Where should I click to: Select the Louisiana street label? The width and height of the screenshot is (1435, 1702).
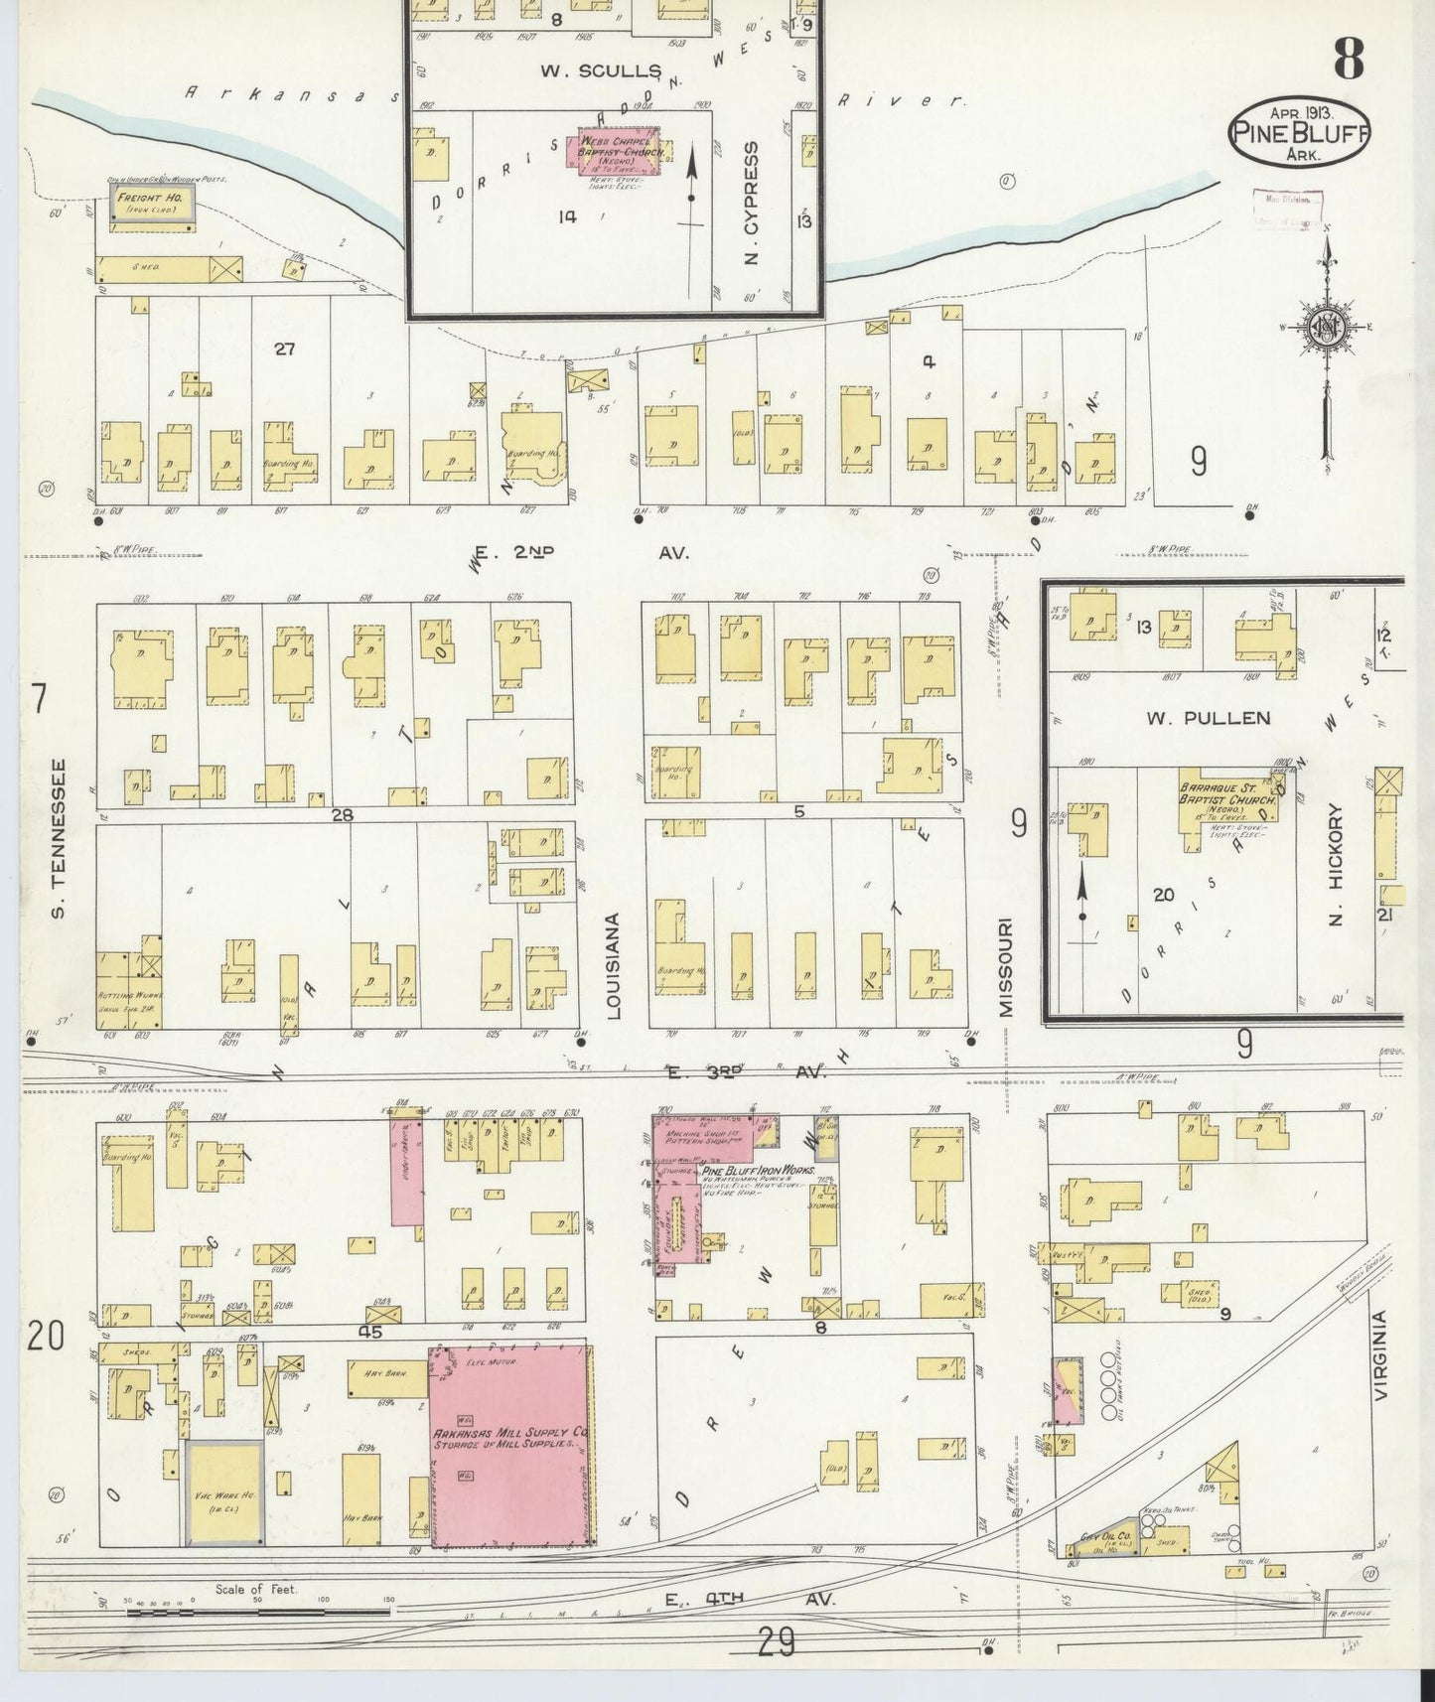click(612, 965)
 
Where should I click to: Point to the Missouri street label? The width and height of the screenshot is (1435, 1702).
click(1007, 966)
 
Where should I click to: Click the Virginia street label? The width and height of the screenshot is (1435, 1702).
click(1381, 1355)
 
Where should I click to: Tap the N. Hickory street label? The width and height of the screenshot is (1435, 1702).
click(1336, 864)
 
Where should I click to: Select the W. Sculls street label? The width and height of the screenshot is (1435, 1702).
click(601, 71)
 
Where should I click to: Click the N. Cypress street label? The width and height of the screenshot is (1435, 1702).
click(751, 203)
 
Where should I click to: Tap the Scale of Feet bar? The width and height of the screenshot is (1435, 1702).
click(256, 1611)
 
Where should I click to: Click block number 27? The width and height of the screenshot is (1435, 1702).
click(285, 349)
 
